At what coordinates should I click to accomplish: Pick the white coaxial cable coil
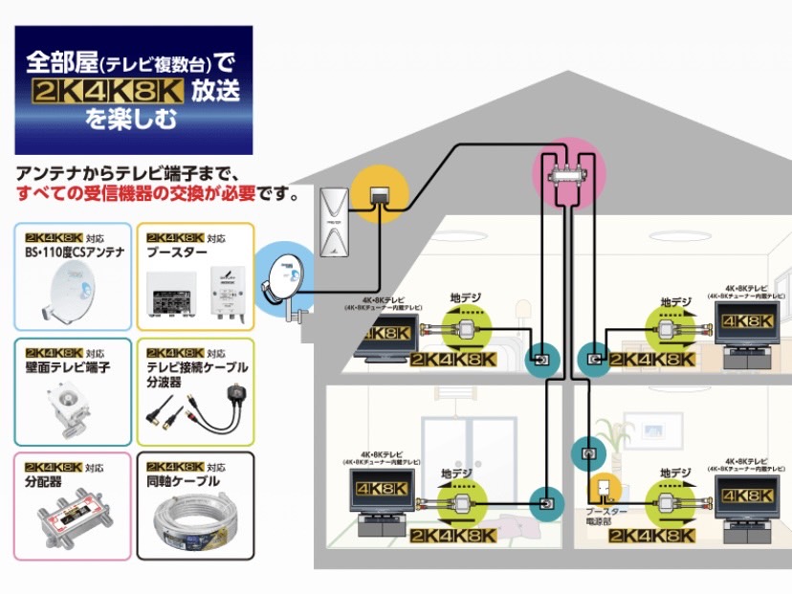[197, 521]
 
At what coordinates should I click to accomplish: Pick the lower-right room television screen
[749, 496]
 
